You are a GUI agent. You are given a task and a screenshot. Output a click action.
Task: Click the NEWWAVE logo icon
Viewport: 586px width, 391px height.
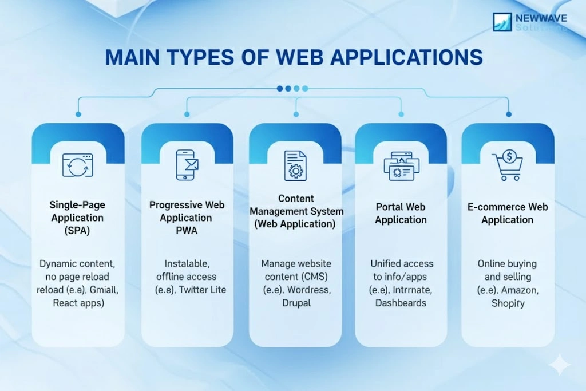502,22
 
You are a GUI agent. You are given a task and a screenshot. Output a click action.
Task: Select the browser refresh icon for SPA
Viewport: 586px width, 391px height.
78,164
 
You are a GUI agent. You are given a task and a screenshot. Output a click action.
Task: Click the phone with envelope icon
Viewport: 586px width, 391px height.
185,164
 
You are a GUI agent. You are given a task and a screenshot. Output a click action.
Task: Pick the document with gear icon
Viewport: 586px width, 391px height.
295,164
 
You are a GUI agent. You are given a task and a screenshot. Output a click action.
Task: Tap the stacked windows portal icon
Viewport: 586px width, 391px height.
401,166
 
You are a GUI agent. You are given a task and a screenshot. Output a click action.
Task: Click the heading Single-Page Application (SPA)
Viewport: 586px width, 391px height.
77,218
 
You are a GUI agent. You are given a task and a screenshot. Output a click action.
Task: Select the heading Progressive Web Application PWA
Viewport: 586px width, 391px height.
187,218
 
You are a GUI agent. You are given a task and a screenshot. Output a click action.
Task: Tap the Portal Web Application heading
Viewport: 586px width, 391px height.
401,214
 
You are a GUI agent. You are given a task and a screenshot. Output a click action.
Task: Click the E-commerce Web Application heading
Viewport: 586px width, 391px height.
508,214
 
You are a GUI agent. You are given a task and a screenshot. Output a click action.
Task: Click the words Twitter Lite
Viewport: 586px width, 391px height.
202,290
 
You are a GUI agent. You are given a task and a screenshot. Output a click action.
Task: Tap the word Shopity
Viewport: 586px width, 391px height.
508,303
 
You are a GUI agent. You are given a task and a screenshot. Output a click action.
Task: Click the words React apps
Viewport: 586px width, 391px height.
78,303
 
